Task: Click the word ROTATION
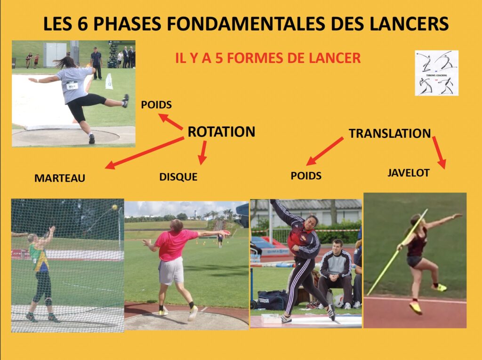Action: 221,132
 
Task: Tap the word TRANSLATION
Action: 390,133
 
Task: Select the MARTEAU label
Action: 60,178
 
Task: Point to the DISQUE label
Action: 178,177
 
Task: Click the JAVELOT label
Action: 408,173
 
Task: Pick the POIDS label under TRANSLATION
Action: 306,176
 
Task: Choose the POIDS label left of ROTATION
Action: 156,105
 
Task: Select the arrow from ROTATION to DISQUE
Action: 203,153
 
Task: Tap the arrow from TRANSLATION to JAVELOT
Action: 439,152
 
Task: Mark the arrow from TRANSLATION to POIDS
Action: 325,151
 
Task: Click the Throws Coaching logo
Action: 436,73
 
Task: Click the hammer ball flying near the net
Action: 114,207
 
